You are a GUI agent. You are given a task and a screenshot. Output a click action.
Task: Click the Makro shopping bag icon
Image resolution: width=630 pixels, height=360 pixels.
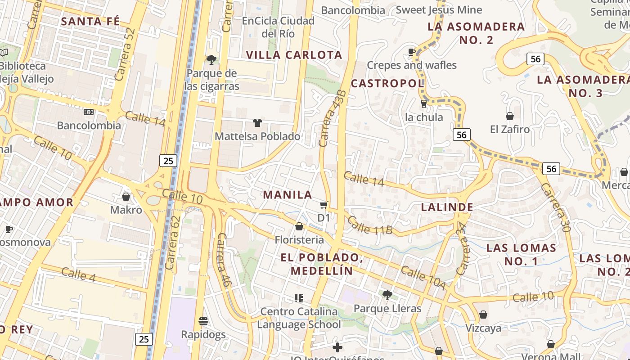click(x=126, y=197)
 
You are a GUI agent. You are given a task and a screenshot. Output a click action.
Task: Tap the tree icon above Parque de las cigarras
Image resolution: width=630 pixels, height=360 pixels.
click(x=211, y=59)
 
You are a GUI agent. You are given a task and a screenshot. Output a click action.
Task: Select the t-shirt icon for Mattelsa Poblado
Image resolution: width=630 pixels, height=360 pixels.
click(x=257, y=122)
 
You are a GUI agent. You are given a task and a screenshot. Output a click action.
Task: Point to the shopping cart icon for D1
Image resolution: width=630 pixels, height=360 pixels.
click(x=324, y=205)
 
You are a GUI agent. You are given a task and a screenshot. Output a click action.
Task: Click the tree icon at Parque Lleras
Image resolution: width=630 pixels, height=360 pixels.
click(x=387, y=295)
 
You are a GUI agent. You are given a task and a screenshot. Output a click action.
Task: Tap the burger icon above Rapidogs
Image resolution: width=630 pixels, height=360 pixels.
click(x=203, y=321)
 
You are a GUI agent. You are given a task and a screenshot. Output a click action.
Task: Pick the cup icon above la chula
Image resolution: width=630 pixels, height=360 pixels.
click(x=423, y=104)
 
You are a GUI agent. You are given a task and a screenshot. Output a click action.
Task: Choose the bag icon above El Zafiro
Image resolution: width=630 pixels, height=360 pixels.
click(x=510, y=116)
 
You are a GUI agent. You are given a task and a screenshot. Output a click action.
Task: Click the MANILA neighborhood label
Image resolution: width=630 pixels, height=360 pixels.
click(x=288, y=194)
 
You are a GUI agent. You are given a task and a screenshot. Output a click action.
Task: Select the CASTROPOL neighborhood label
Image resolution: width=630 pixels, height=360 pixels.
click(x=387, y=83)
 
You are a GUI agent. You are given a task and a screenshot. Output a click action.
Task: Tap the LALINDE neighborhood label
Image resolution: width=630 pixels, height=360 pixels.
click(x=447, y=207)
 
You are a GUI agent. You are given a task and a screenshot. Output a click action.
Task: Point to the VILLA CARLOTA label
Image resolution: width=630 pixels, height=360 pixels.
click(x=294, y=55)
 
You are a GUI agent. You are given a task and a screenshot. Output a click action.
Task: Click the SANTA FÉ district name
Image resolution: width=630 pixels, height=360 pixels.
click(x=90, y=21)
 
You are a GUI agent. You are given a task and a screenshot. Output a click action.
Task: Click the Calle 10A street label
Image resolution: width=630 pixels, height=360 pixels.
click(x=423, y=278)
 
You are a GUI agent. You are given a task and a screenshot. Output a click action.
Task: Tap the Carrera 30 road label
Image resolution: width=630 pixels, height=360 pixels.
click(x=556, y=207)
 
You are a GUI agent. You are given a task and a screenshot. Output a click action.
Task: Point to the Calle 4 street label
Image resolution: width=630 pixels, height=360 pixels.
click(x=78, y=274)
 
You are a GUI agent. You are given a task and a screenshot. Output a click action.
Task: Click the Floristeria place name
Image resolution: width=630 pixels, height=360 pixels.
click(x=299, y=239)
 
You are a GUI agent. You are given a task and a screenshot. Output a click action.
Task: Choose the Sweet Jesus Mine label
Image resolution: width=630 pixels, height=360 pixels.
click(x=439, y=9)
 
